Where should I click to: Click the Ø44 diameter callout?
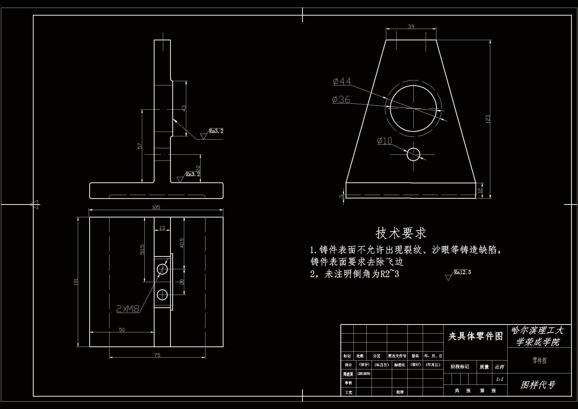click(342, 81)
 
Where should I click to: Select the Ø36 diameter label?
click(341, 100)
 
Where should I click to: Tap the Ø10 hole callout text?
click(385, 141)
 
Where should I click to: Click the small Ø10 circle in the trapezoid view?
click(413, 154)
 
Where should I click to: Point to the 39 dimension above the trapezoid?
click(411, 26)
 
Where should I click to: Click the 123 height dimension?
click(488, 119)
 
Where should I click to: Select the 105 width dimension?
click(156, 207)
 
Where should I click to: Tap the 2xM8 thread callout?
click(128, 309)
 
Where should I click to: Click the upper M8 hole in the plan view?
click(162, 269)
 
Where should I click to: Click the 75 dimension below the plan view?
click(157, 355)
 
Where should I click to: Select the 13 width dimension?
click(162, 228)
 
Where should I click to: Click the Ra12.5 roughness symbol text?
click(462, 272)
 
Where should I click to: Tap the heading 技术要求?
click(401, 233)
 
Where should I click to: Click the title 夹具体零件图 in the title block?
click(475, 336)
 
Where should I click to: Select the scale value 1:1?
click(499, 379)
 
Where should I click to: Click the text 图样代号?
click(538, 385)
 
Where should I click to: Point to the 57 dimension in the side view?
click(140, 146)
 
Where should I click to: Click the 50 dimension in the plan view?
click(122, 330)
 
